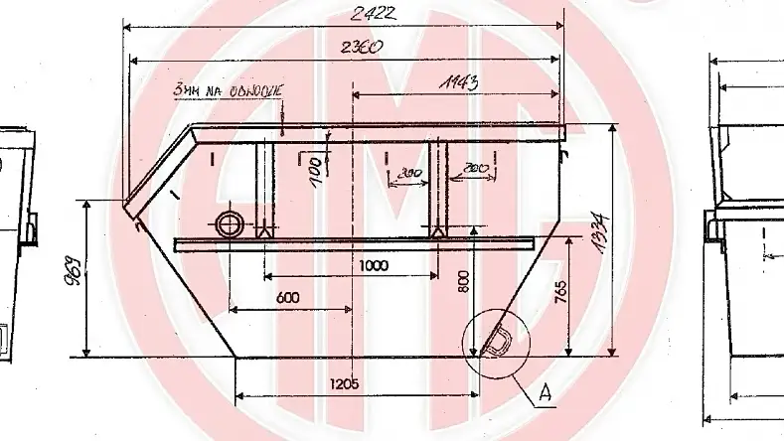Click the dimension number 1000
pos(375,266)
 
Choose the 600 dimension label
pos(288,297)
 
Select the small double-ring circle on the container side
pos(230,223)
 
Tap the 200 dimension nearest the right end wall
pos(473,169)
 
